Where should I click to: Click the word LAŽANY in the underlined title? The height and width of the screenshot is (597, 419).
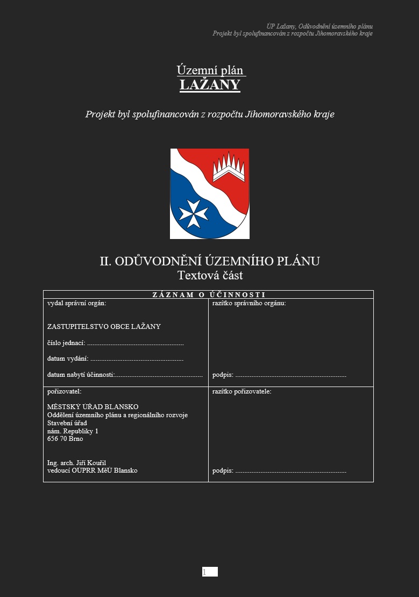tap(210, 85)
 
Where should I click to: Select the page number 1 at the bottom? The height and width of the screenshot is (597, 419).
tap(204, 572)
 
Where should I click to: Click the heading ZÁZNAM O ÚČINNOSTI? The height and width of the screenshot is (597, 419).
tap(209, 294)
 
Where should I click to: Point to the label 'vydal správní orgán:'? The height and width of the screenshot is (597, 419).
tap(76, 303)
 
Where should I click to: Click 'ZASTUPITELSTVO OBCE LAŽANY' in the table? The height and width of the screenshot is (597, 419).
tap(104, 327)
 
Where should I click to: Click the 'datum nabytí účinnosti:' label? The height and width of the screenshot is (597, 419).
tap(81, 375)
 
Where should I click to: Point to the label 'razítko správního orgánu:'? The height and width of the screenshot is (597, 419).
tap(249, 303)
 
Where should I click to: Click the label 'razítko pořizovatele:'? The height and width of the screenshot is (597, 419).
tap(242, 391)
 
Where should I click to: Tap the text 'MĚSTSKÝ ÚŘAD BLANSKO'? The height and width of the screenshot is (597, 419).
tap(93, 407)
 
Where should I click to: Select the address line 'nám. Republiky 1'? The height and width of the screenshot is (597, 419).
tap(73, 431)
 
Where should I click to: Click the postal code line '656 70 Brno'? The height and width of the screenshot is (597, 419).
tap(65, 439)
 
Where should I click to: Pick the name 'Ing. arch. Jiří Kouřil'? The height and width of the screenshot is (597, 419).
tap(80, 463)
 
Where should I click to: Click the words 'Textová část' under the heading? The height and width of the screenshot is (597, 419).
tap(210, 276)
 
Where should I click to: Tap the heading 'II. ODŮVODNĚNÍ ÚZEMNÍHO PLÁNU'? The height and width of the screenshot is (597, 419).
tap(210, 262)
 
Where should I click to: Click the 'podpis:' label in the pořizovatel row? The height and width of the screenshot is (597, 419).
tap(223, 471)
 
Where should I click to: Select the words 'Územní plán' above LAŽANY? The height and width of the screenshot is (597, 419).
tap(210, 71)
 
